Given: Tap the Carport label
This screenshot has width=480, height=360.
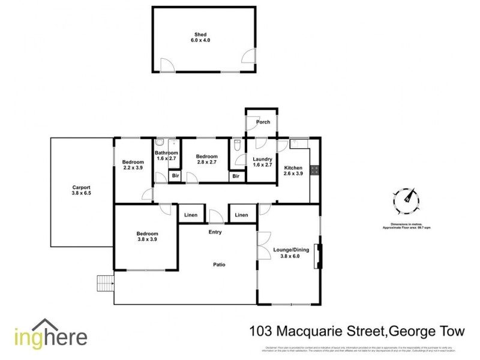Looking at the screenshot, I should [x=81, y=188].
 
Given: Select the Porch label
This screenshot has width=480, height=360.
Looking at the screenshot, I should [x=263, y=122].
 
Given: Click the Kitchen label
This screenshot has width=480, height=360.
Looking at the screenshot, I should [x=293, y=167].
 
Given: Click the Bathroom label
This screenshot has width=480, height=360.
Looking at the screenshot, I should [x=167, y=153].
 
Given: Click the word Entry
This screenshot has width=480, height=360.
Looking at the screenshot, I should [x=215, y=232].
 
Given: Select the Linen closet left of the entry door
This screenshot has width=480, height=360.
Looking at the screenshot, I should [x=190, y=215].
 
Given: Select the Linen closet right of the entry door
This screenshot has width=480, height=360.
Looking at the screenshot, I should [x=242, y=215].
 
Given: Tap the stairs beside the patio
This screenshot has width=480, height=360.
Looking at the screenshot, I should [x=104, y=282].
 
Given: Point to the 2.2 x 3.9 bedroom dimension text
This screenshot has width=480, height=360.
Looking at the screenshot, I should [x=133, y=169].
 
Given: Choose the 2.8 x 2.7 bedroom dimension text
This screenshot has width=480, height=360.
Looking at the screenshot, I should [x=207, y=163].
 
